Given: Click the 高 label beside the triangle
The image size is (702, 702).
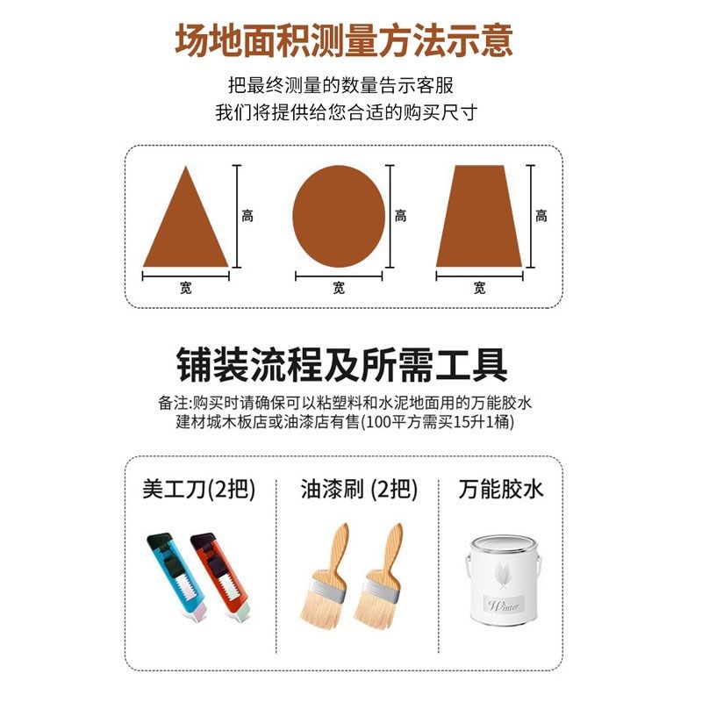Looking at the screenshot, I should point(247,216).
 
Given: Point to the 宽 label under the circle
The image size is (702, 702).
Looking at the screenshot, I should point(339,288).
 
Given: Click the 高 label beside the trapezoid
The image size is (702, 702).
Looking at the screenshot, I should point(541,216).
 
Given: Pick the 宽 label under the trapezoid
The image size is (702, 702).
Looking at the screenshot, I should point(479,288).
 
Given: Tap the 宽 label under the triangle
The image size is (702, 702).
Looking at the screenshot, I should point(186,288).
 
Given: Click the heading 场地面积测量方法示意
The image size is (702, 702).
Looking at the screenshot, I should point(344,41).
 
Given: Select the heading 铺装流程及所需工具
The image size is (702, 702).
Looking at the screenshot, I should point(342,365).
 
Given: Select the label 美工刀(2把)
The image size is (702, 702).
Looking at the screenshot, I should point(199,489).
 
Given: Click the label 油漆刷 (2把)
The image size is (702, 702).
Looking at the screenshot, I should point(359,489).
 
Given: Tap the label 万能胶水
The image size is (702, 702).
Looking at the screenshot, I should point(501,489).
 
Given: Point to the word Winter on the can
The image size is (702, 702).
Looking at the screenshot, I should point(505,605).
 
